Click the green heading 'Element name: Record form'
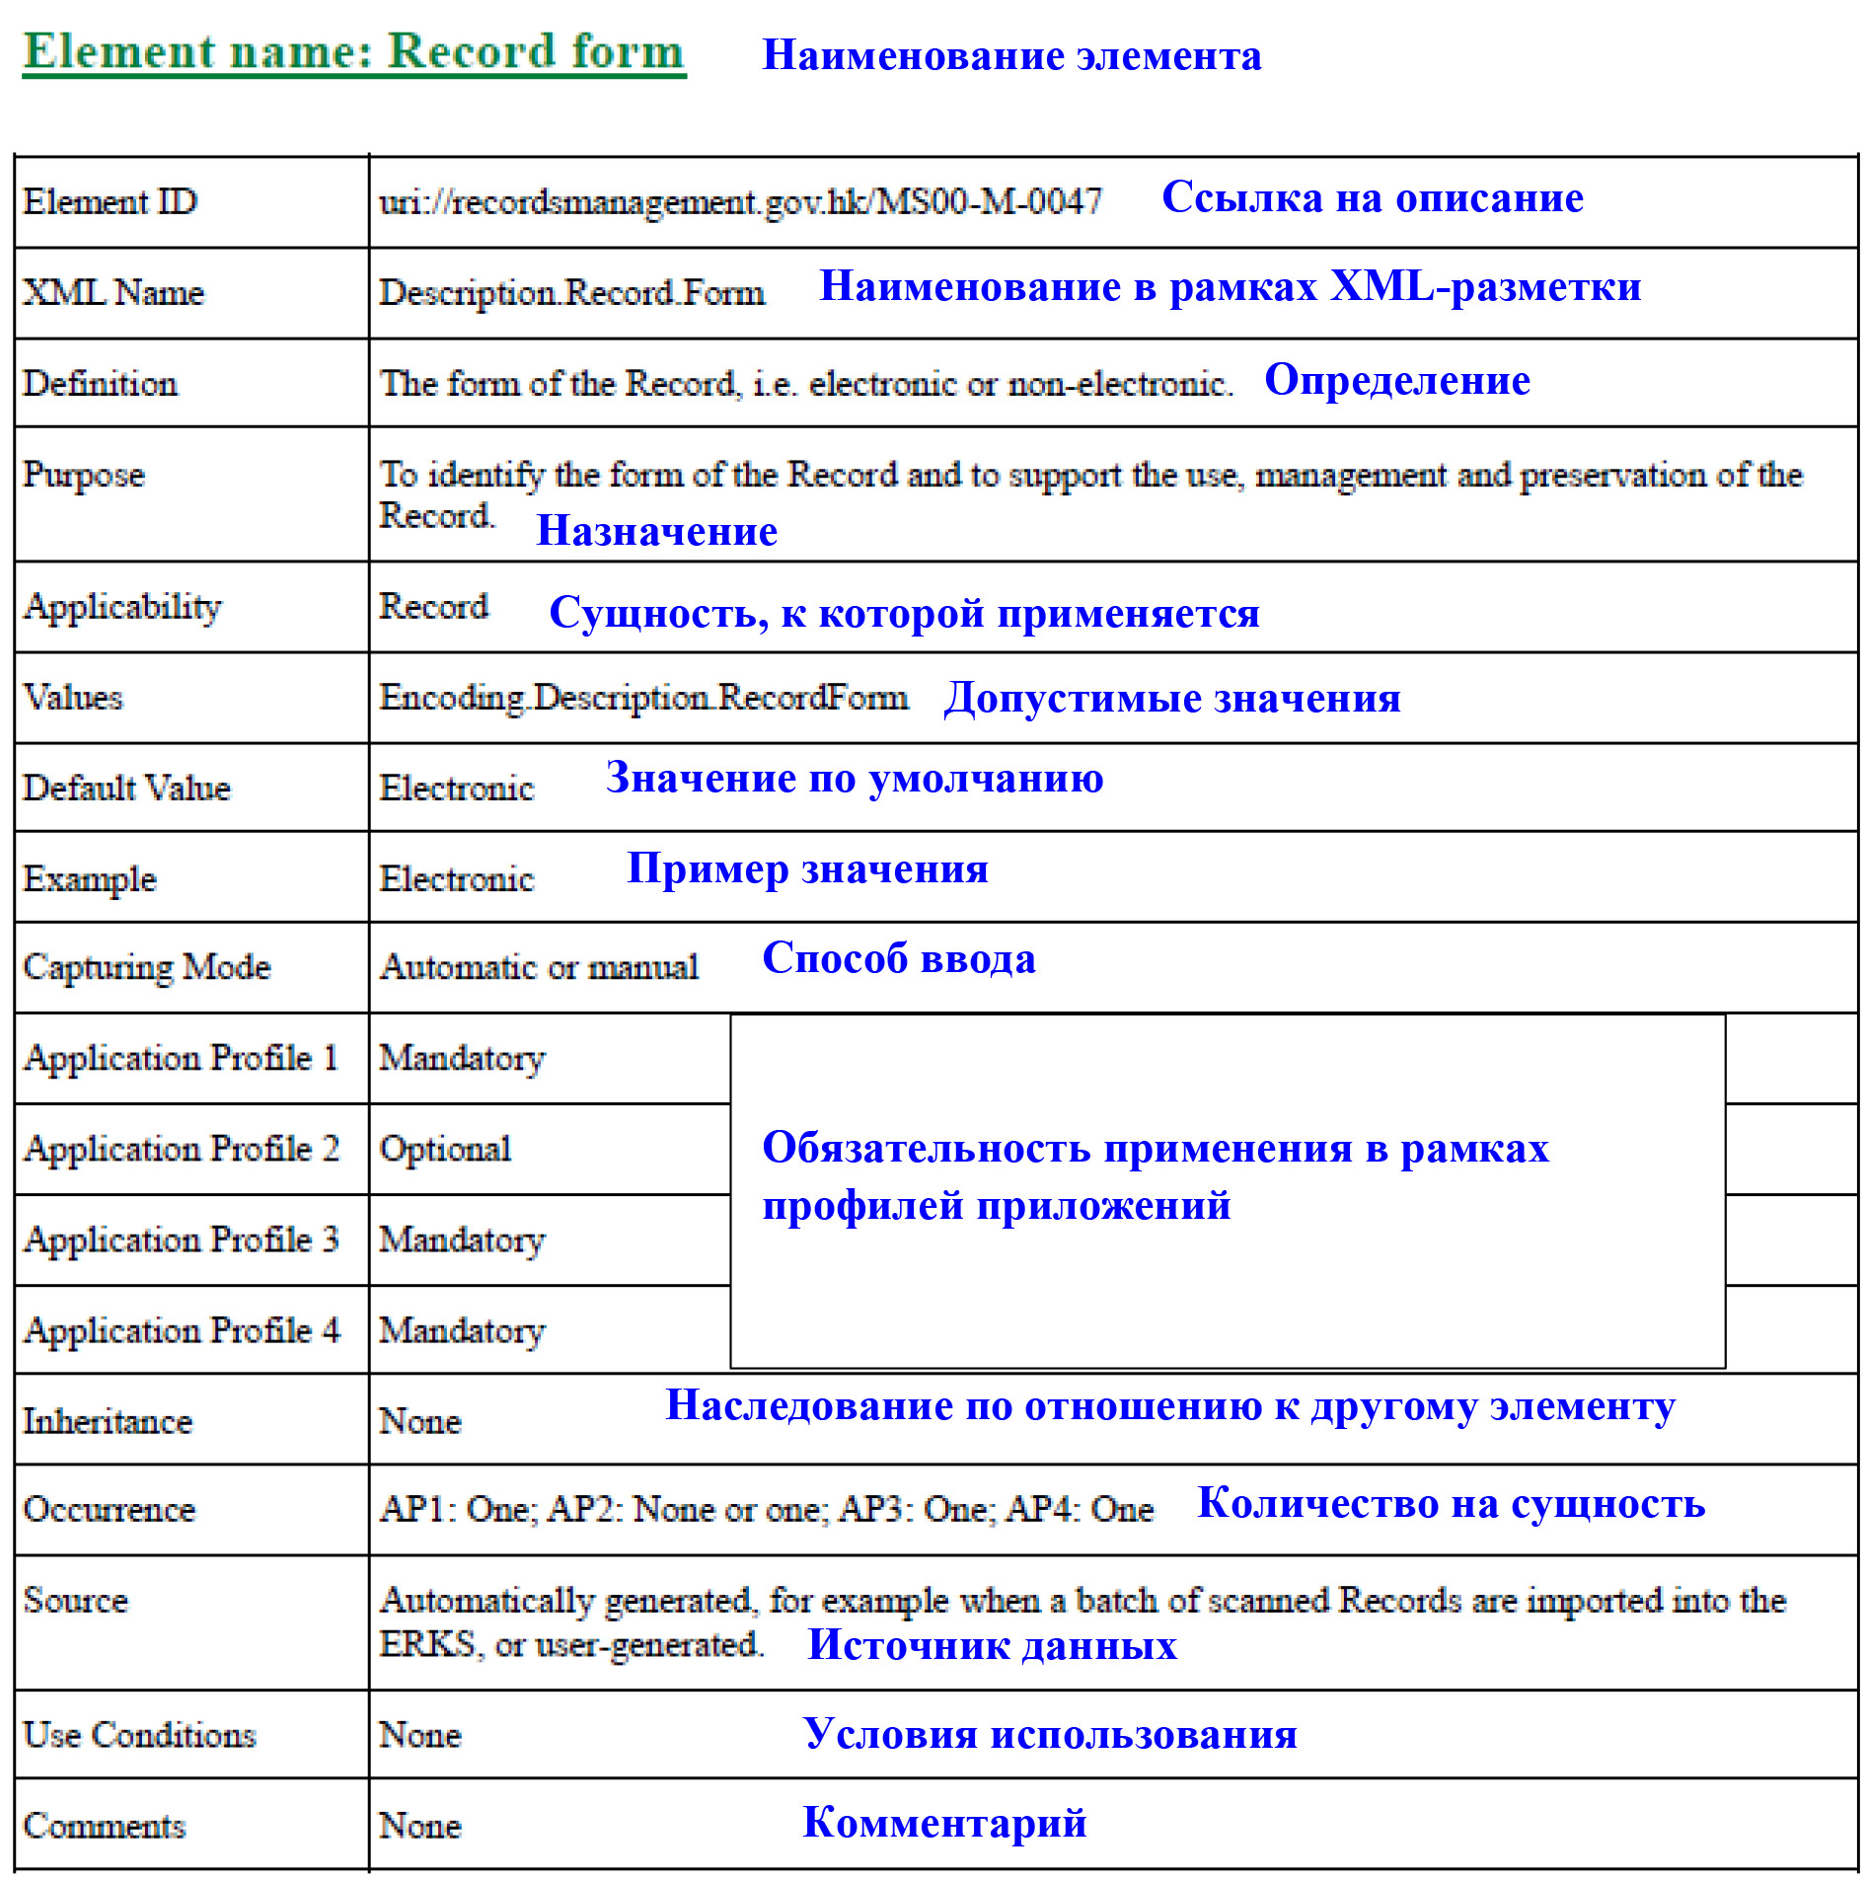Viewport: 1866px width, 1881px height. pos(353,52)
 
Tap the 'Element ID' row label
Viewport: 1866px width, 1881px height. pos(110,202)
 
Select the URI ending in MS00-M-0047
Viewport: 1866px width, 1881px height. pos(740,202)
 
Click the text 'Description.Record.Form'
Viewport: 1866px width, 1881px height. pos(571,293)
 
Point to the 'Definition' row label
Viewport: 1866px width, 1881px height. pos(100,384)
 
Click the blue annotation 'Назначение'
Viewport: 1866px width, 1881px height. pos(656,532)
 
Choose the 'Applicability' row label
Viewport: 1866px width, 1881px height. pos(122,607)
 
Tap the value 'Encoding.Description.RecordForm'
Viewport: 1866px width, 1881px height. pos(643,698)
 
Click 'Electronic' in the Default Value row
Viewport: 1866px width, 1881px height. pos(456,789)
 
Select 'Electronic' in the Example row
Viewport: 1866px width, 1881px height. pos(456,879)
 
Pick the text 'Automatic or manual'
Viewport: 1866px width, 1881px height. pos(539,967)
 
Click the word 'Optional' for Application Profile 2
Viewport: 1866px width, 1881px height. pos(445,1149)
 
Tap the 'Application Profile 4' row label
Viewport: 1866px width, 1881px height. pos(182,1330)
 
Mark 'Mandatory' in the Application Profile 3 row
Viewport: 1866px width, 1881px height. pos(462,1240)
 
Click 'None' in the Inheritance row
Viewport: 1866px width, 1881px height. pos(419,1421)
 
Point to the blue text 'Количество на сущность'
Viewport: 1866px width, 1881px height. pos(1451,1504)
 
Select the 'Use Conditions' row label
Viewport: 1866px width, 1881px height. pos(139,1735)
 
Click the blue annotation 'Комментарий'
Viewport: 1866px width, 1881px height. pos(944,1823)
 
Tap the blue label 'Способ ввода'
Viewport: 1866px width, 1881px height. pos(899,959)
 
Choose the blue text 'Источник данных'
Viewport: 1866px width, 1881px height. pos(992,1645)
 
